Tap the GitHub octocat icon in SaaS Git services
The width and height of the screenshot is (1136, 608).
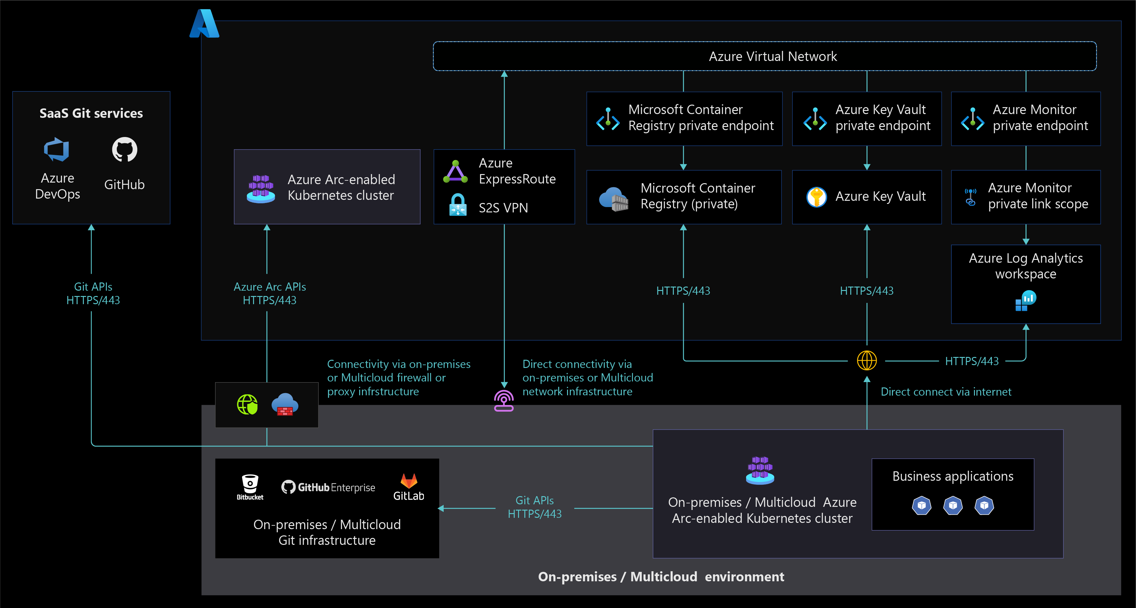click(124, 150)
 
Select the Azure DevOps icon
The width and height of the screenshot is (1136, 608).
click(57, 150)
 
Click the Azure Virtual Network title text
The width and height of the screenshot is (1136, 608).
click(773, 57)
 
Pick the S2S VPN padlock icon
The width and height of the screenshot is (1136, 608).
click(458, 205)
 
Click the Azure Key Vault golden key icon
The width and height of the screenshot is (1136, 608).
click(816, 197)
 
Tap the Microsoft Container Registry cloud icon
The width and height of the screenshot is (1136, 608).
click(614, 199)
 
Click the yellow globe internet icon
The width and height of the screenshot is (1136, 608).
click(867, 360)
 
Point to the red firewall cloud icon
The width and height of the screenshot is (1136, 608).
click(285, 405)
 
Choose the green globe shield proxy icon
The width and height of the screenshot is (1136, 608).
click(247, 405)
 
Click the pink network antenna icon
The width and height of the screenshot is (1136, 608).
click(504, 401)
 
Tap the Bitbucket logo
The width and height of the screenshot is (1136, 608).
click(250, 487)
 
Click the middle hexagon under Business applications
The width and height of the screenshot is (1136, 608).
click(953, 506)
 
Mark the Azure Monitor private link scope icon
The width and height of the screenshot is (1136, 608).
click(970, 197)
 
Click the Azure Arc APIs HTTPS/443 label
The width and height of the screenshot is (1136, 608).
click(269, 293)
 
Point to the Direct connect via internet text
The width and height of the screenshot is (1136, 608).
click(946, 392)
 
